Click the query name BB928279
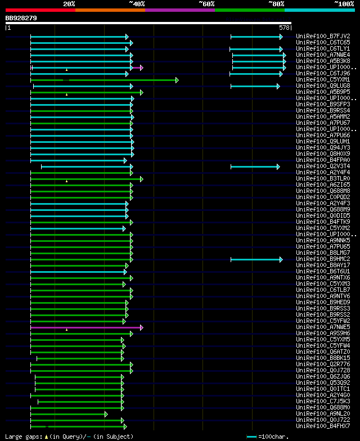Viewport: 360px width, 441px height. click(x=21, y=18)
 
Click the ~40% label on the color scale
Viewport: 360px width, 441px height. click(x=137, y=4)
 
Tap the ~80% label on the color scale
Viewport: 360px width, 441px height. click(x=276, y=4)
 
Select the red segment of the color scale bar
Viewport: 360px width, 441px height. click(x=40, y=10)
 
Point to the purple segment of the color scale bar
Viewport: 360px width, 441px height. click(x=179, y=10)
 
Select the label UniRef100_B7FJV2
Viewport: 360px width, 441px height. click(x=323, y=37)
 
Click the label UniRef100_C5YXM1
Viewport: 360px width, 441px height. click(x=323, y=80)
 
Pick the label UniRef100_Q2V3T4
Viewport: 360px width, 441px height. click(x=323, y=166)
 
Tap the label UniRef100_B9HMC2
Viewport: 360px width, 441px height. click(x=323, y=259)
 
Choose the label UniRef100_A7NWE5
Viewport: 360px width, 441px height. click(x=323, y=327)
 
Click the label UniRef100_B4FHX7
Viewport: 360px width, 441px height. click(x=323, y=426)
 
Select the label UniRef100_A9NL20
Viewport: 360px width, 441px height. click(x=323, y=414)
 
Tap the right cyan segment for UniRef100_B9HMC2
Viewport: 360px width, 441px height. click(x=256, y=259)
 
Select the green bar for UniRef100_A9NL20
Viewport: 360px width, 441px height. click(x=68, y=414)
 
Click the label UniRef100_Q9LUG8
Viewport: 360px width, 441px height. click(x=323, y=86)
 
